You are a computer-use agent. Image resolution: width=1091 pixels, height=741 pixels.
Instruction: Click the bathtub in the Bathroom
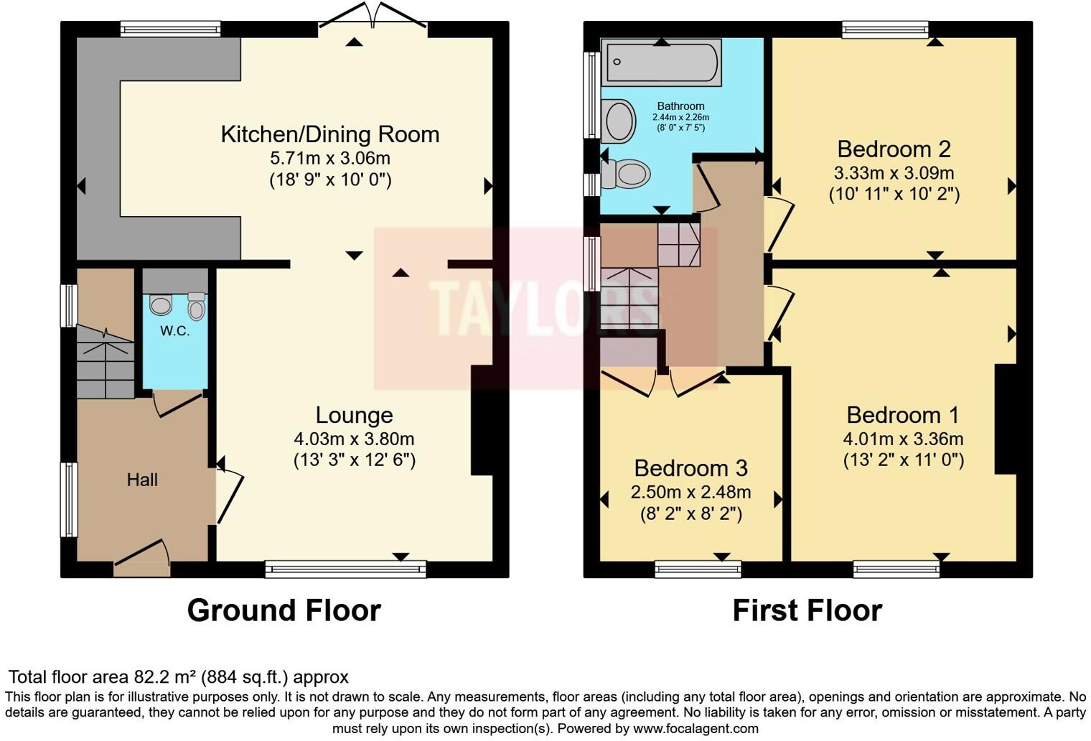click(x=661, y=63)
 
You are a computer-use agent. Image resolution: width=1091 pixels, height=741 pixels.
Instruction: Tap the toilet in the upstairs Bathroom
click(x=625, y=174)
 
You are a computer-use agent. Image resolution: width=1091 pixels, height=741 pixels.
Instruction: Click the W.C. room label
click(x=174, y=331)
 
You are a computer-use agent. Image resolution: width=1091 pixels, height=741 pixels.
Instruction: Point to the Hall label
click(x=142, y=480)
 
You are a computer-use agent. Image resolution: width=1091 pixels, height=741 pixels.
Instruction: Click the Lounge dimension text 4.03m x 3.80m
click(x=354, y=439)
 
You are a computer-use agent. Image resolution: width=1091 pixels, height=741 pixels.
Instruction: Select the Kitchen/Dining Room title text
click(x=330, y=134)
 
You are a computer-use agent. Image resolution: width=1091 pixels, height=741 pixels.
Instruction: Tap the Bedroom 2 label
click(x=894, y=149)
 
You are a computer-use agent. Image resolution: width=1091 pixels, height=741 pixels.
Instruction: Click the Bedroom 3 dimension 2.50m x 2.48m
click(x=690, y=493)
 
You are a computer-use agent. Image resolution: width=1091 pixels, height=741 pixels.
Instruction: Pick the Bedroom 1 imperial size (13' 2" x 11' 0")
click(x=904, y=460)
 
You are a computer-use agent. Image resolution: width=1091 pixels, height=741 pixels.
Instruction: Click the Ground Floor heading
click(x=284, y=610)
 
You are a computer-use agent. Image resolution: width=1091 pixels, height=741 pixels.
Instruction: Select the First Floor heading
click(x=807, y=610)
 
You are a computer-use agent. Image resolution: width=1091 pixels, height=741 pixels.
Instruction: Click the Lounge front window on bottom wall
click(x=346, y=569)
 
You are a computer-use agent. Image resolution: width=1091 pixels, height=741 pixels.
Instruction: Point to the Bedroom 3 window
click(x=698, y=569)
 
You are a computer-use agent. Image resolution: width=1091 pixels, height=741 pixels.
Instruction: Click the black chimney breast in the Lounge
click(x=482, y=420)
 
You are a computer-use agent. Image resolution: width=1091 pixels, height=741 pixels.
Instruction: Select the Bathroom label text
click(x=680, y=106)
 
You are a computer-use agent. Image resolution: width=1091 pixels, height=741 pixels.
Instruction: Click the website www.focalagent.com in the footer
click(x=696, y=729)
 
